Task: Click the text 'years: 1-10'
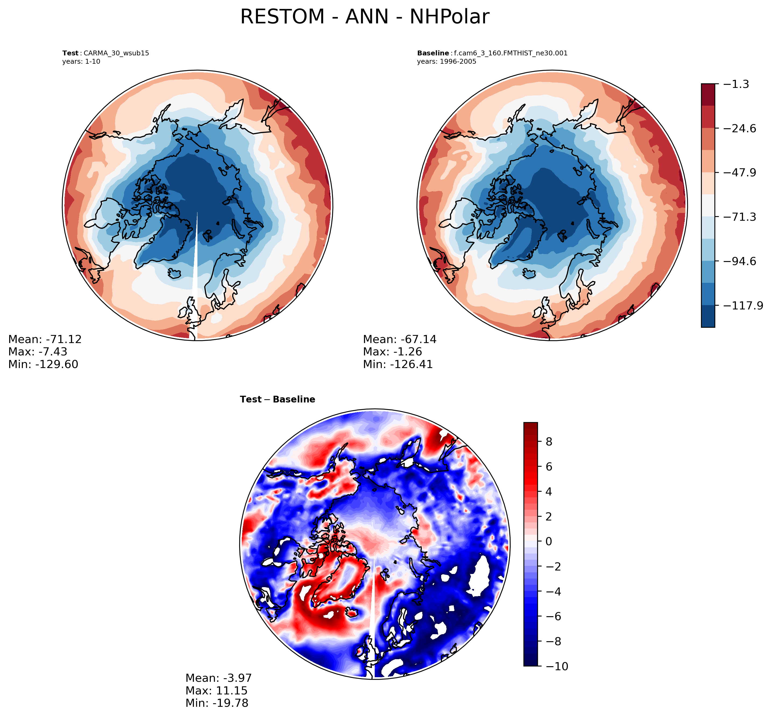(x=81, y=62)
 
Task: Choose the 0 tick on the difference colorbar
(x=549, y=541)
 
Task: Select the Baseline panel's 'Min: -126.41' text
(x=398, y=364)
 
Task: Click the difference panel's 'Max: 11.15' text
(x=216, y=690)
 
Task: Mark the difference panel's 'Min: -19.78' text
(x=217, y=703)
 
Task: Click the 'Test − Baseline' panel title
(x=278, y=399)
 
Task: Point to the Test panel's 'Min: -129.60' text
(x=43, y=364)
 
